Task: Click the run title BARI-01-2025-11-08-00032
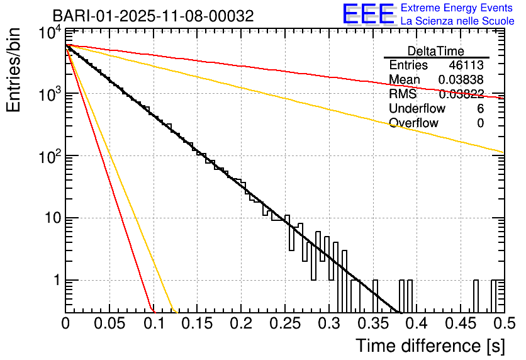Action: tap(153, 16)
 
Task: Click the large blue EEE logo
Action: tap(368, 14)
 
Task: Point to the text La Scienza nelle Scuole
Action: tap(457, 21)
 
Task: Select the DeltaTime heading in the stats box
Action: tap(436, 51)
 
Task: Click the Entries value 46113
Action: tap(466, 65)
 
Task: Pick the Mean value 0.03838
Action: tap(461, 80)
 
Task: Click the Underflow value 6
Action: tap(480, 109)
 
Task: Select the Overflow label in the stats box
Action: tap(413, 123)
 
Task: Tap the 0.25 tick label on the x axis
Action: tap(284, 325)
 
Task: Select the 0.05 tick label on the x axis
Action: tap(109, 325)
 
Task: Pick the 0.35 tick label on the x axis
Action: tap(372, 325)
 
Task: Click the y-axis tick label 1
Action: tap(55, 280)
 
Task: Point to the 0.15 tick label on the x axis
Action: tap(197, 325)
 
